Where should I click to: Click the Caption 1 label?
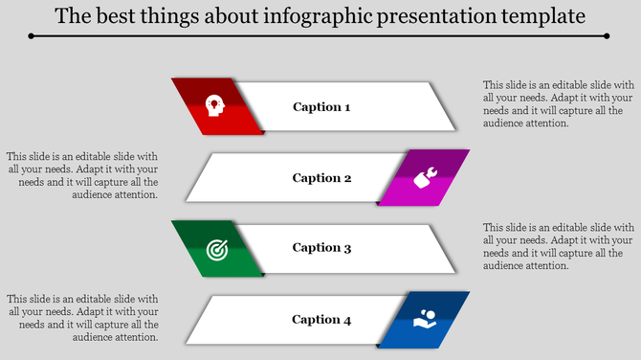tap(321, 107)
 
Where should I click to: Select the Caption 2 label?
tap(321, 178)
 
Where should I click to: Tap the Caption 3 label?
tap(321, 248)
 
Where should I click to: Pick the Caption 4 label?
tap(321, 320)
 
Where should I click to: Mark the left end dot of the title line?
tap(32, 35)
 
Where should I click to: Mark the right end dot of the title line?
tap(608, 35)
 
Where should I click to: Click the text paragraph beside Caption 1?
tap(558, 103)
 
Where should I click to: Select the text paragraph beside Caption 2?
tap(82, 175)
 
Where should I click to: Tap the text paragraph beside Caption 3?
tap(558, 246)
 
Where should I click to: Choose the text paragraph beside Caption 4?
tap(82, 317)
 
